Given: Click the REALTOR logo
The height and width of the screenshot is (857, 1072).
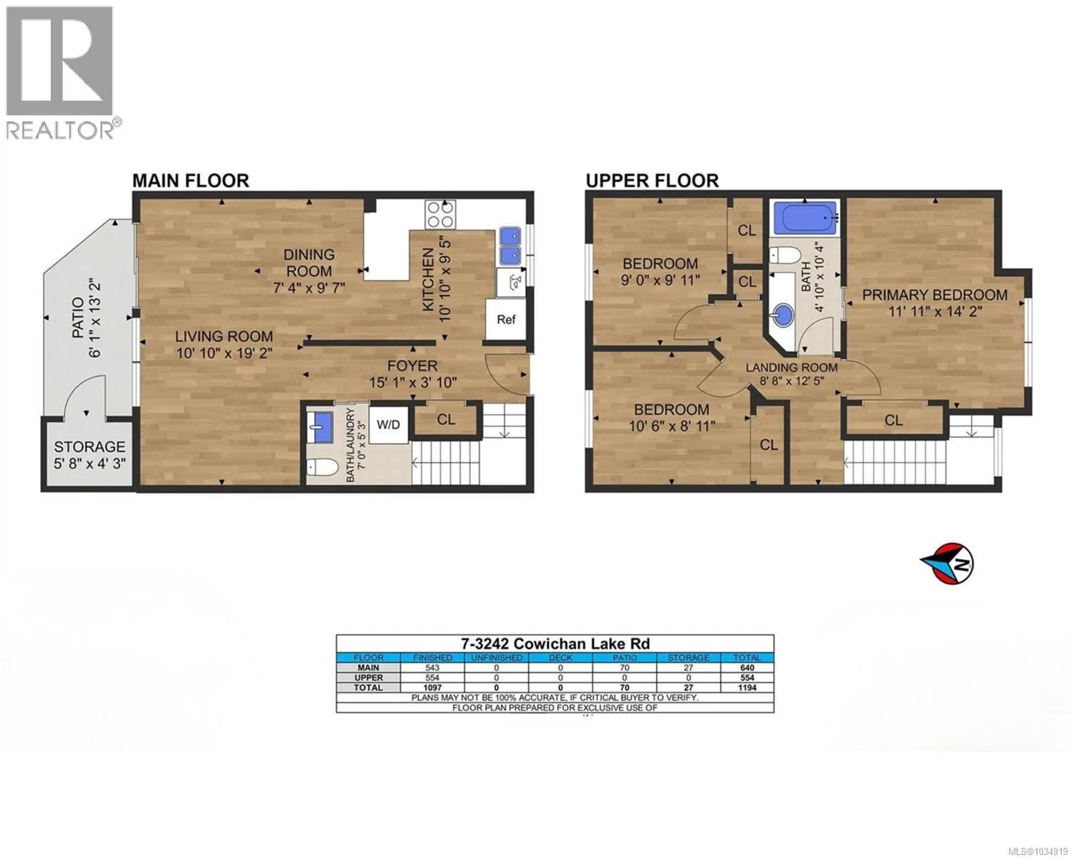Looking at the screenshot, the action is click(x=64, y=72).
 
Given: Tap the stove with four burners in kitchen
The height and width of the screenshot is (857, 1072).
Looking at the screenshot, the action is click(x=440, y=215).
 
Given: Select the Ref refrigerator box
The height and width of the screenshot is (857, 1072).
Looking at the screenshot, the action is click(x=506, y=319).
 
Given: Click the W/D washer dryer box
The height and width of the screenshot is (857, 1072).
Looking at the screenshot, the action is click(x=389, y=424).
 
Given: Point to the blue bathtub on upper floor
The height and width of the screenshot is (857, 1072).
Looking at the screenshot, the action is click(x=804, y=218).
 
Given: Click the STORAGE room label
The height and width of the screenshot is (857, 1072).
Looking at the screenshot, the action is click(x=89, y=446).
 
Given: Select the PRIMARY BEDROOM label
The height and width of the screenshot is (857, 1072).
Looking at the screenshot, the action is click(x=935, y=295).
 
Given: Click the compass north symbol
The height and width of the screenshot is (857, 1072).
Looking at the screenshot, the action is click(x=947, y=563).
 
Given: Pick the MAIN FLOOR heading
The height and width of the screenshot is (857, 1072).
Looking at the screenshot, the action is click(x=191, y=180).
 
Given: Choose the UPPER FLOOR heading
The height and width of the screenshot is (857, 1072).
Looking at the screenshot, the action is click(x=652, y=180).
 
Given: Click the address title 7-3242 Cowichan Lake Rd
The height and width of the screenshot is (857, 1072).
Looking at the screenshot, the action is click(x=555, y=644).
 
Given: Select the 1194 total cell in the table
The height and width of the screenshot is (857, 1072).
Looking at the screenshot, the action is click(x=748, y=688).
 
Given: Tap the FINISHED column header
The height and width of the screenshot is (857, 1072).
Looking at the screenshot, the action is click(x=432, y=658).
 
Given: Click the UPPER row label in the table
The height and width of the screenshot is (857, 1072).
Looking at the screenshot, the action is click(x=369, y=678).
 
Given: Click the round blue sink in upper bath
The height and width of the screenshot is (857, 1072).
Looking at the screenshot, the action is click(x=783, y=315).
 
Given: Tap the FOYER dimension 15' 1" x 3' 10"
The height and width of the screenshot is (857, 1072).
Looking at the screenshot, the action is click(x=413, y=383).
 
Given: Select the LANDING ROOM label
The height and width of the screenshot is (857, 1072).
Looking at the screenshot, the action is click(x=792, y=368).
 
